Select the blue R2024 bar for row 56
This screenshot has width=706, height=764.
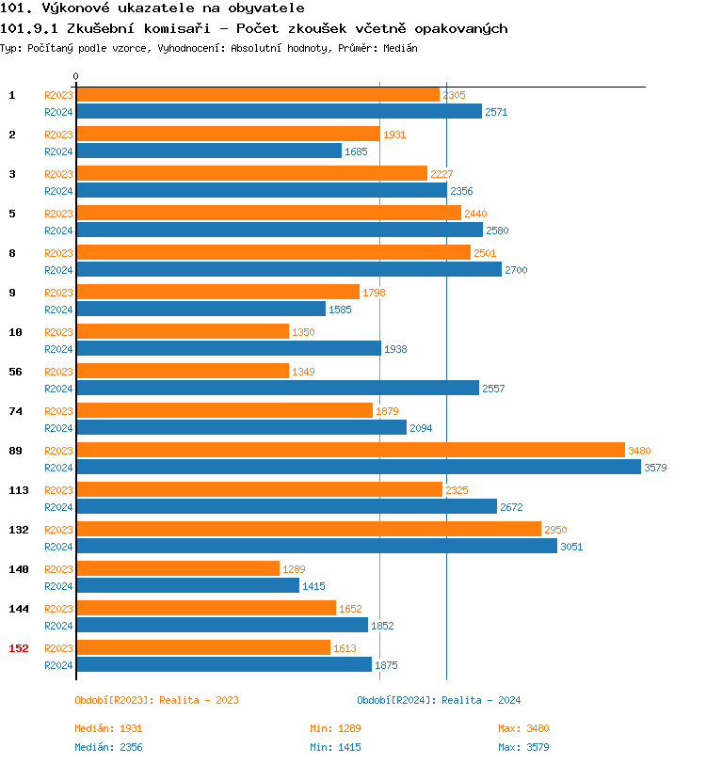[278, 388]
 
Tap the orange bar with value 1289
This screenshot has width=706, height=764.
[178, 568]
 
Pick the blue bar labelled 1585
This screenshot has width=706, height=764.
[201, 309]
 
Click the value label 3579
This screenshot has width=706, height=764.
[655, 468]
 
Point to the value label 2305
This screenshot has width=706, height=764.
[454, 95]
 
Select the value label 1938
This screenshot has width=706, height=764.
[395, 349]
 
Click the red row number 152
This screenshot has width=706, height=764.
[19, 648]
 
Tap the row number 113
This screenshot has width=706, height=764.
[19, 490]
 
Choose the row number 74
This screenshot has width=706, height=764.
[15, 411]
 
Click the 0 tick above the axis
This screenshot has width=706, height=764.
[76, 76]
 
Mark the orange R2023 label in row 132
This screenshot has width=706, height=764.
[58, 530]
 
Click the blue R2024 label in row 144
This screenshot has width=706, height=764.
[58, 626]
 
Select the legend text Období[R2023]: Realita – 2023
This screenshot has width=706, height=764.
[156, 700]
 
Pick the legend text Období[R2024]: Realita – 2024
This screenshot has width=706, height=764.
[439, 700]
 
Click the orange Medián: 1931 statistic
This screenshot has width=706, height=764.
[108, 728]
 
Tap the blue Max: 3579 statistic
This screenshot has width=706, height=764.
[523, 747]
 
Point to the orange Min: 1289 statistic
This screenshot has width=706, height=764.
[335, 728]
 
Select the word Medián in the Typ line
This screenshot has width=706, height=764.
[400, 48]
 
